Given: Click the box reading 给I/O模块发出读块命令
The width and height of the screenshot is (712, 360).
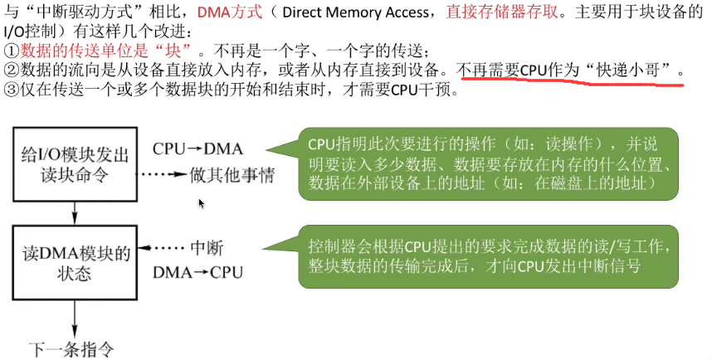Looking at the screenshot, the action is (75, 164).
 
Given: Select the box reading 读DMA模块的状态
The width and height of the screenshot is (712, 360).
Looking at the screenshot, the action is (75, 263).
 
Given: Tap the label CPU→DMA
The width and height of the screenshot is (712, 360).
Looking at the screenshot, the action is (198, 149).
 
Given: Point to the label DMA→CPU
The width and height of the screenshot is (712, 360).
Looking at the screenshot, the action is (198, 272).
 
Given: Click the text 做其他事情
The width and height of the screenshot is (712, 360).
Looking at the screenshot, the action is (232, 174).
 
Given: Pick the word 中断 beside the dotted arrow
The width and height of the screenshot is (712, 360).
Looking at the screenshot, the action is (207, 248).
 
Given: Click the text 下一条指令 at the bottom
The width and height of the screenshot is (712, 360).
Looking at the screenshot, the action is (71, 349).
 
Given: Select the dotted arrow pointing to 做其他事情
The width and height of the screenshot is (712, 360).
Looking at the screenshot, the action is (162, 174).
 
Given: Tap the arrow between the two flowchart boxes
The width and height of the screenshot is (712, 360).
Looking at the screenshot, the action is (75, 213).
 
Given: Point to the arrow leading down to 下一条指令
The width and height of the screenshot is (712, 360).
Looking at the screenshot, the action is (75, 319).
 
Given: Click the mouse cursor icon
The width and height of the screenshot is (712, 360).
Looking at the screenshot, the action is (201, 203).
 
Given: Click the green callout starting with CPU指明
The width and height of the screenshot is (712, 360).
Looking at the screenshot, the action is (488, 164).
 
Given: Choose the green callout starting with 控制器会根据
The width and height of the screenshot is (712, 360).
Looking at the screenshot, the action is (488, 257).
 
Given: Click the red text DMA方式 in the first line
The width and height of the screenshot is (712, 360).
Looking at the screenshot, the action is (230, 12).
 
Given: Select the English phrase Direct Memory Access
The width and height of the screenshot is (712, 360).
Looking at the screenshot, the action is (355, 12).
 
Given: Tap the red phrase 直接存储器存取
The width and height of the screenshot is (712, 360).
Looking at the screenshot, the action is (502, 12).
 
